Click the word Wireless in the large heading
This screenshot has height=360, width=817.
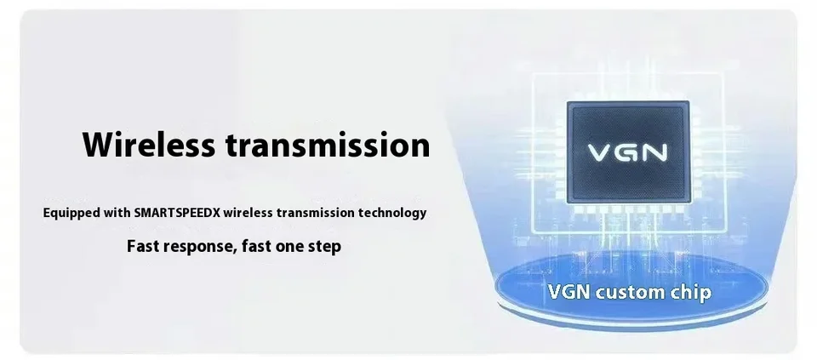pyautogui.click(x=148, y=145)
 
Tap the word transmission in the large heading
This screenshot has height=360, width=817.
pyautogui.click(x=328, y=145)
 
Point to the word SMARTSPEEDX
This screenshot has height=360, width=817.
pyautogui.click(x=177, y=213)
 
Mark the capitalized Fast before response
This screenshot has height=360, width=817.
pyautogui.click(x=143, y=246)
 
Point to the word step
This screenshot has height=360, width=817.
pyautogui.click(x=325, y=247)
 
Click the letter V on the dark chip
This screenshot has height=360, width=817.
pyautogui.click(x=599, y=152)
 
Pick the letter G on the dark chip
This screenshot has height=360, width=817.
pyautogui.click(x=627, y=152)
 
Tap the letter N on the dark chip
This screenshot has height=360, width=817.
pyautogui.click(x=655, y=152)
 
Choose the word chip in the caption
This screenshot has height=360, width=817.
pyautogui.click(x=689, y=293)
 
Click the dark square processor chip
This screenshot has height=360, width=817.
pyautogui.click(x=628, y=152)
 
